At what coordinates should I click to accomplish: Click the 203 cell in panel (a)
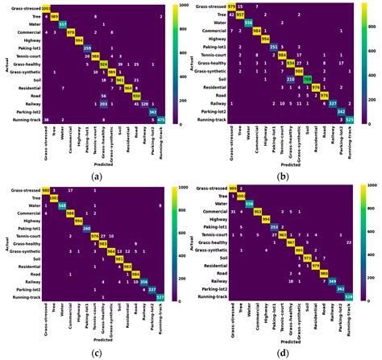coord(103,104)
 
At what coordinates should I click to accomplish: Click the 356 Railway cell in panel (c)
coord(143,281)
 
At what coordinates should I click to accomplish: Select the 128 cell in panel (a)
coord(143,104)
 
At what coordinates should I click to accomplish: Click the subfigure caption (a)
coord(97,176)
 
